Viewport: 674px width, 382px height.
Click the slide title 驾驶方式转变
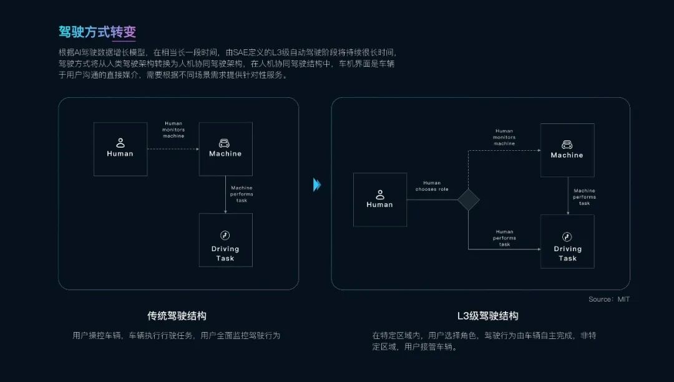[x=97, y=32]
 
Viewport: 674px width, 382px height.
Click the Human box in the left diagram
[x=120, y=148]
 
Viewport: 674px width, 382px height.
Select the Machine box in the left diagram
[x=225, y=148]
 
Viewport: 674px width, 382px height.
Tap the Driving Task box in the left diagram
[x=225, y=240]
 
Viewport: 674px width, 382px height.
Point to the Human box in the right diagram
[x=379, y=199]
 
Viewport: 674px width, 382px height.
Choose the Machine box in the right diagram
[x=567, y=150]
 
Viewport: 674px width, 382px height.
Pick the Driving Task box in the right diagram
[x=567, y=241]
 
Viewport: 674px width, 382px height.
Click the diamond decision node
[x=468, y=199]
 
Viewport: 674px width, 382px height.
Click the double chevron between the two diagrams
[x=317, y=185]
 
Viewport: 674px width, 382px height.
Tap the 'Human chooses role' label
[x=432, y=186]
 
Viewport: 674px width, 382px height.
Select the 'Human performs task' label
[x=504, y=238]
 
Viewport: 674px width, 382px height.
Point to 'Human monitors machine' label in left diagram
[x=173, y=130]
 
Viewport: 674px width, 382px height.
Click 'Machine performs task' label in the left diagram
[x=242, y=194]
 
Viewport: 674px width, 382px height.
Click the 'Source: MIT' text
[x=609, y=299]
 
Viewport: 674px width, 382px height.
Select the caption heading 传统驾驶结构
[x=177, y=316]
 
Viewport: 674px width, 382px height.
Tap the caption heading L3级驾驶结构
[x=488, y=316]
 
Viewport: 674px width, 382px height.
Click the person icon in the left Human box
[x=120, y=143]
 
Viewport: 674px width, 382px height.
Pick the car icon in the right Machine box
[x=567, y=144]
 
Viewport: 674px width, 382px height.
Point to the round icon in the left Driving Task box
[x=225, y=235]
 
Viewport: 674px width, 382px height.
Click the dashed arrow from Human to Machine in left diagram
[x=173, y=148]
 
